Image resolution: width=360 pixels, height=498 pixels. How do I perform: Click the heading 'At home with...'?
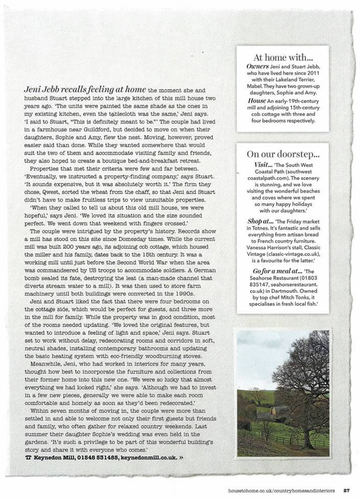point(282,58)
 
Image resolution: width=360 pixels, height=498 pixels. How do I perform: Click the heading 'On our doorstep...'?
point(282,154)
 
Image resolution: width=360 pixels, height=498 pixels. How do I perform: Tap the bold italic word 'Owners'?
point(254,66)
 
